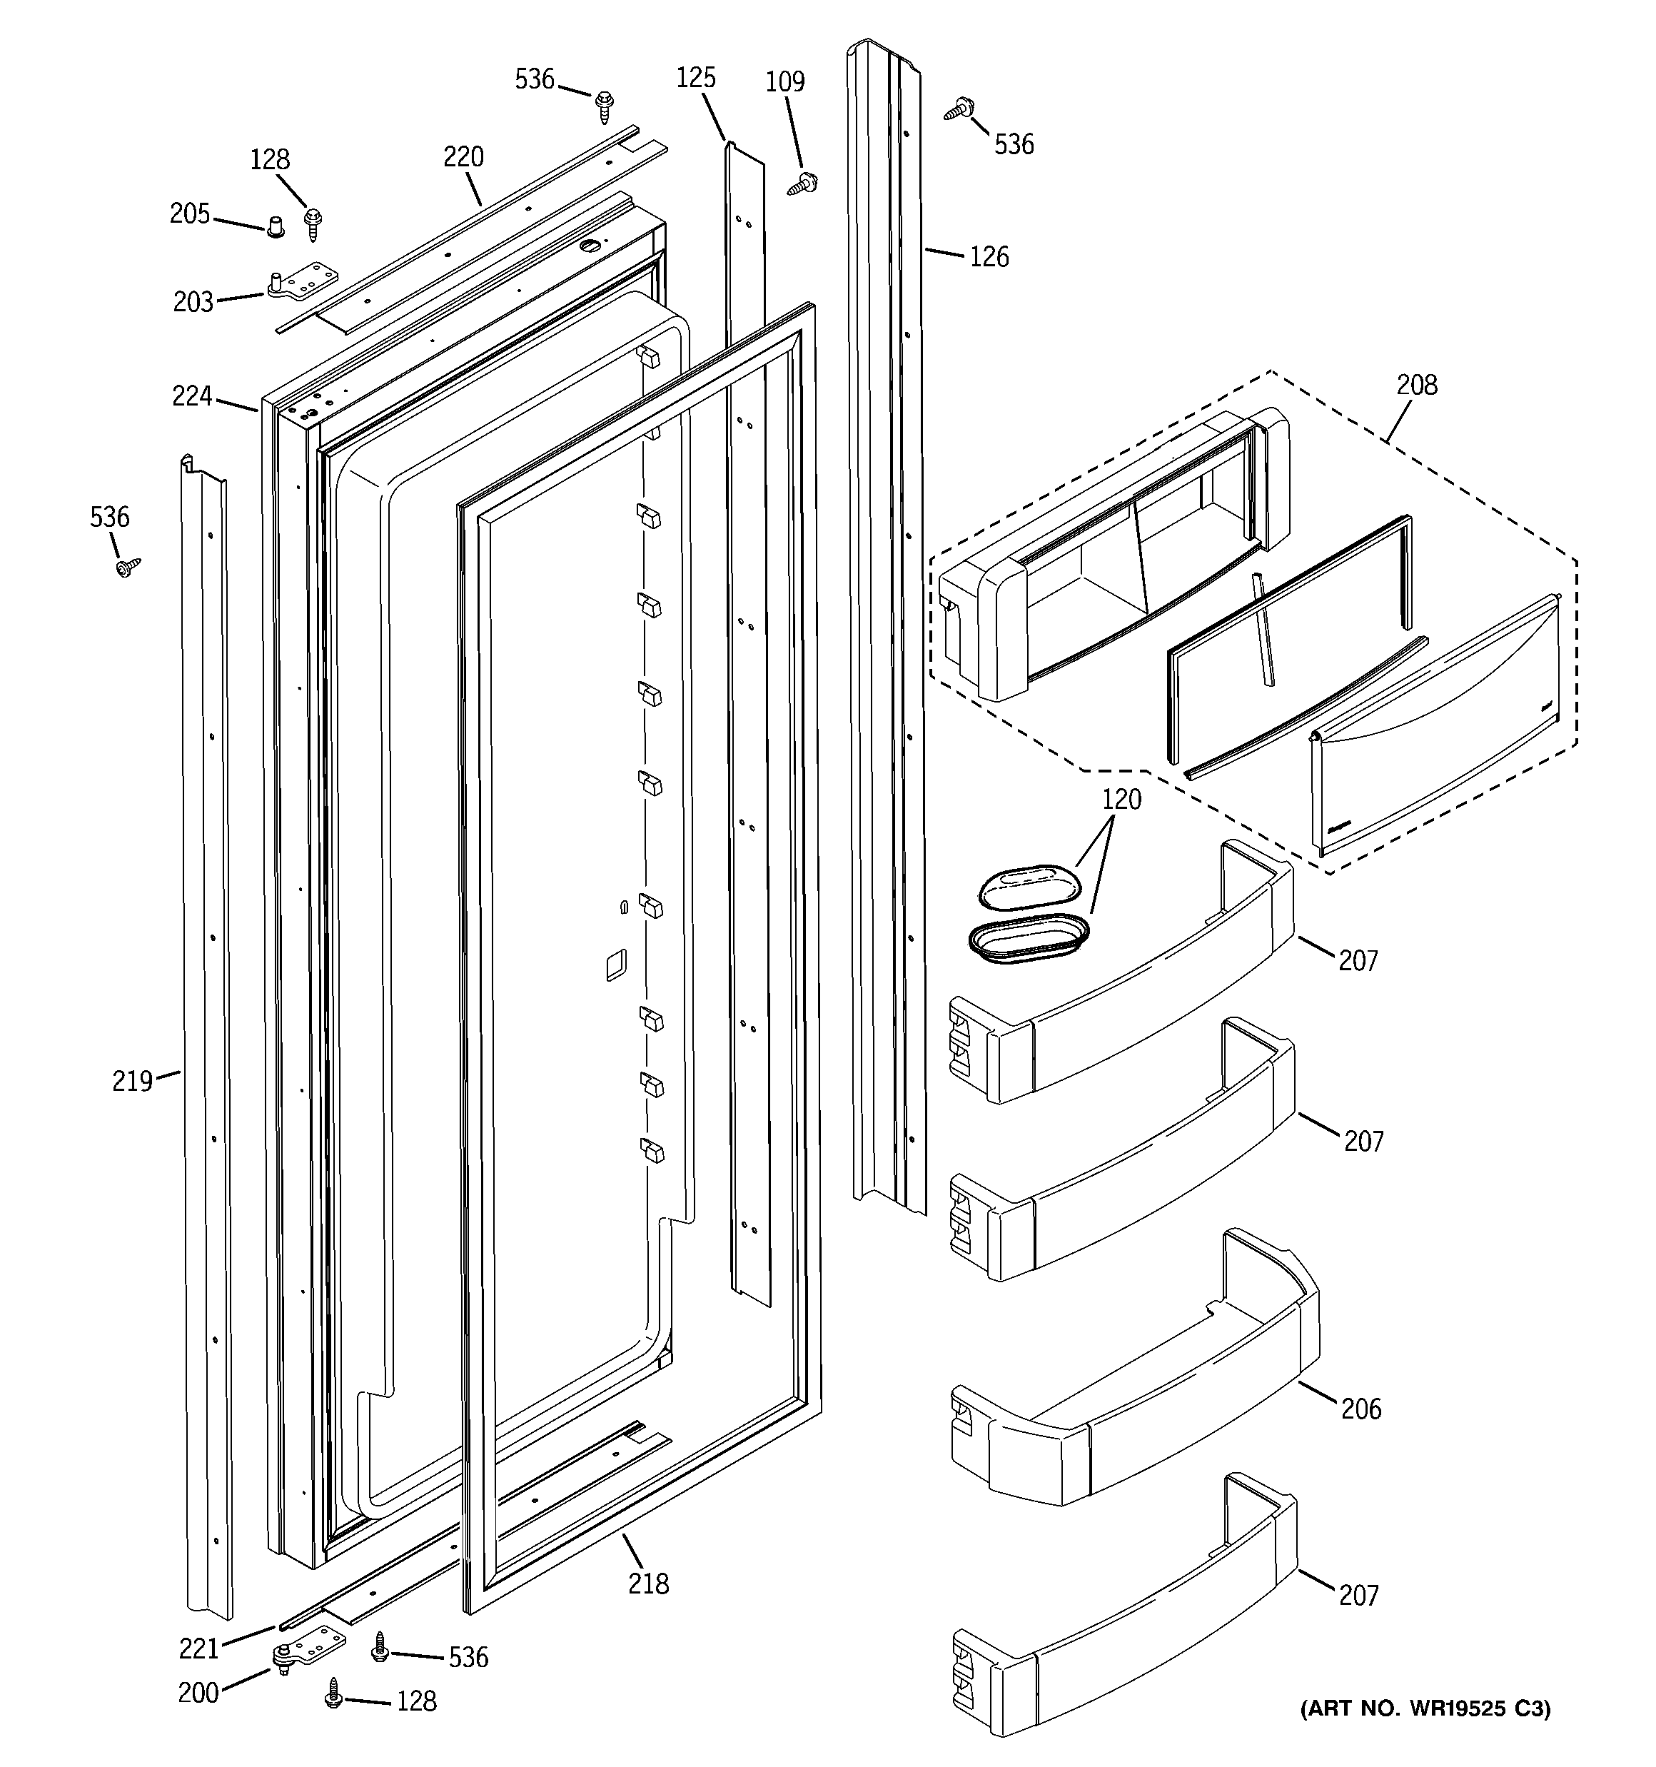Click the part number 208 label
point(1416,385)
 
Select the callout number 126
point(989,257)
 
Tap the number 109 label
point(785,82)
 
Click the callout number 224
point(192,396)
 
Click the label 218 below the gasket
point(648,1583)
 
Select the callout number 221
point(198,1648)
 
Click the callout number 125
point(695,79)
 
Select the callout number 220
point(463,157)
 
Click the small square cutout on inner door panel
point(616,965)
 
